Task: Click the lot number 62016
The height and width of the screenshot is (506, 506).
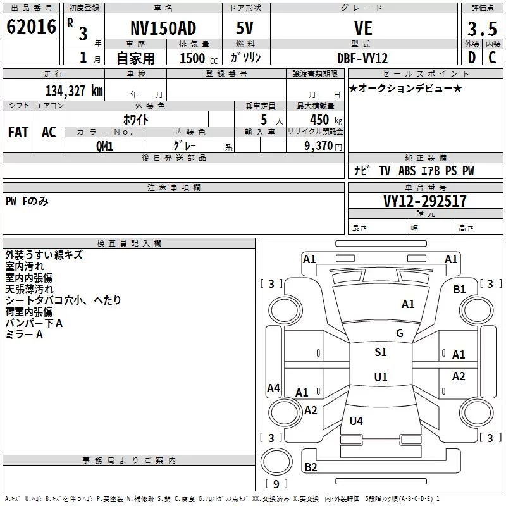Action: (31, 27)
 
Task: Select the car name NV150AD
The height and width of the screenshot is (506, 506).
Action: (163, 28)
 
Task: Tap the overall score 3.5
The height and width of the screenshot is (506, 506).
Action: (482, 28)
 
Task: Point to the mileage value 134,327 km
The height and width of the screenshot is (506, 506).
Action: (74, 91)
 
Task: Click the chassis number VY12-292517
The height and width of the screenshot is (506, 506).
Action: (425, 201)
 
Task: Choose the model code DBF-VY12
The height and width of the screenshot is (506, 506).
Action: (362, 58)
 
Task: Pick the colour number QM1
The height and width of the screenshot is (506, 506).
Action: (104, 146)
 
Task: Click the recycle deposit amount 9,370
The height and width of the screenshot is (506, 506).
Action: (319, 146)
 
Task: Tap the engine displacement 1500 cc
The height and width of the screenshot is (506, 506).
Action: (199, 58)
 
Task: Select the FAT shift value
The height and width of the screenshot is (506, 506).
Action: (18, 132)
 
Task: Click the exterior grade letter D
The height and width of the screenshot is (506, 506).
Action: (472, 58)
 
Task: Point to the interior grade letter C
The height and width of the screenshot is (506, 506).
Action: (492, 58)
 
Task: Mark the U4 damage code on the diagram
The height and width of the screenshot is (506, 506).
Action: (356, 421)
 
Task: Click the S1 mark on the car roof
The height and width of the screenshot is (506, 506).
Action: (381, 352)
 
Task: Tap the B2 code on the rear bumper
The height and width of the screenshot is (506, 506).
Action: (311, 467)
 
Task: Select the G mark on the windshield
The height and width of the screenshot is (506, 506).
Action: (400, 333)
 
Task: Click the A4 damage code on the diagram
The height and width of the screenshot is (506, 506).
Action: (273, 388)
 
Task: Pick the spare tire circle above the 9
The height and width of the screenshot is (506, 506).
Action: (276, 462)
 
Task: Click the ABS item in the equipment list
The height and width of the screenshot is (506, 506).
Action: (407, 171)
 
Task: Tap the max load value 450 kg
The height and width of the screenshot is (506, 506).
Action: (326, 120)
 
